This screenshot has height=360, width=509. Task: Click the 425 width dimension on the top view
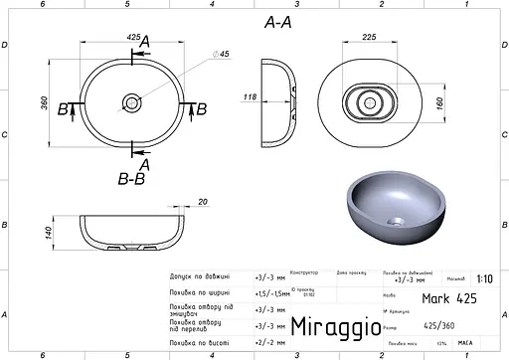tap(132, 36)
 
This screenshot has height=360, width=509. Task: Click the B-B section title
tap(131, 180)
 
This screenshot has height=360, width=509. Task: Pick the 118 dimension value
tap(251, 97)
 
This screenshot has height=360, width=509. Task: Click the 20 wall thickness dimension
tap(203, 202)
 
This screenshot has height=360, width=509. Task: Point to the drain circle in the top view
tap(131, 102)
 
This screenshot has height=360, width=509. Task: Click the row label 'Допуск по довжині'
tap(200, 277)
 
